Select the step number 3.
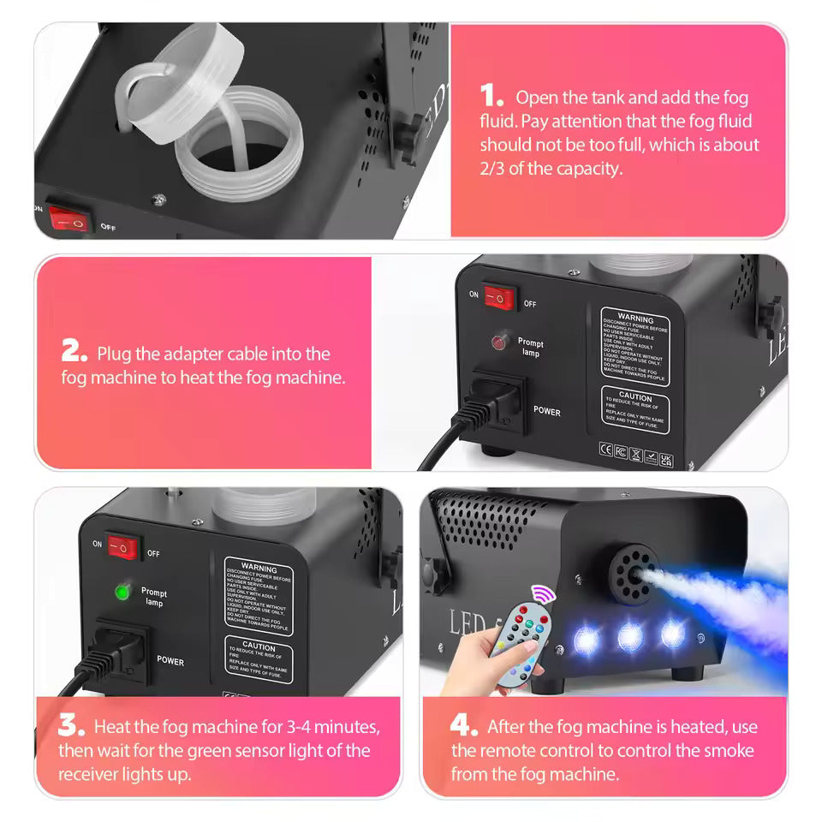71,726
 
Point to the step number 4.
463,726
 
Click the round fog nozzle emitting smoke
633,566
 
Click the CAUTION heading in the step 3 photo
259,646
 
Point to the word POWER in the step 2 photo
547,412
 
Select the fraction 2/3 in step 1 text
491,168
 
